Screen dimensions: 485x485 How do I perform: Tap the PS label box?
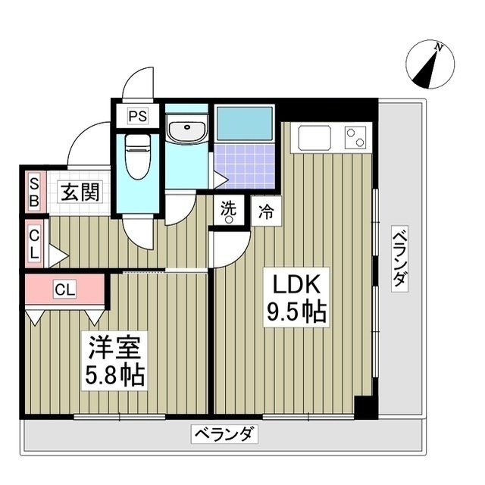(138, 117)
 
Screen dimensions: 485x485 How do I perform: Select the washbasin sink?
(186, 131)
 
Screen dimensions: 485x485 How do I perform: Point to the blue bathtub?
(243, 123)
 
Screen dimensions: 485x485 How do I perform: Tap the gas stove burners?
(355, 137)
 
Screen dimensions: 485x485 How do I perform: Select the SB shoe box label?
(35, 192)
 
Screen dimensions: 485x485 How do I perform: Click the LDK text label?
(296, 286)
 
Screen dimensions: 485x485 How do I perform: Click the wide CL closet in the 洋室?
(64, 289)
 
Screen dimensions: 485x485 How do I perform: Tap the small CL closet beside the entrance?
(35, 242)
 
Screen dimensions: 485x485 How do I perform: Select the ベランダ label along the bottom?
(225, 435)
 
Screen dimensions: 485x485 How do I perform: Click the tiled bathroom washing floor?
(243, 167)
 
